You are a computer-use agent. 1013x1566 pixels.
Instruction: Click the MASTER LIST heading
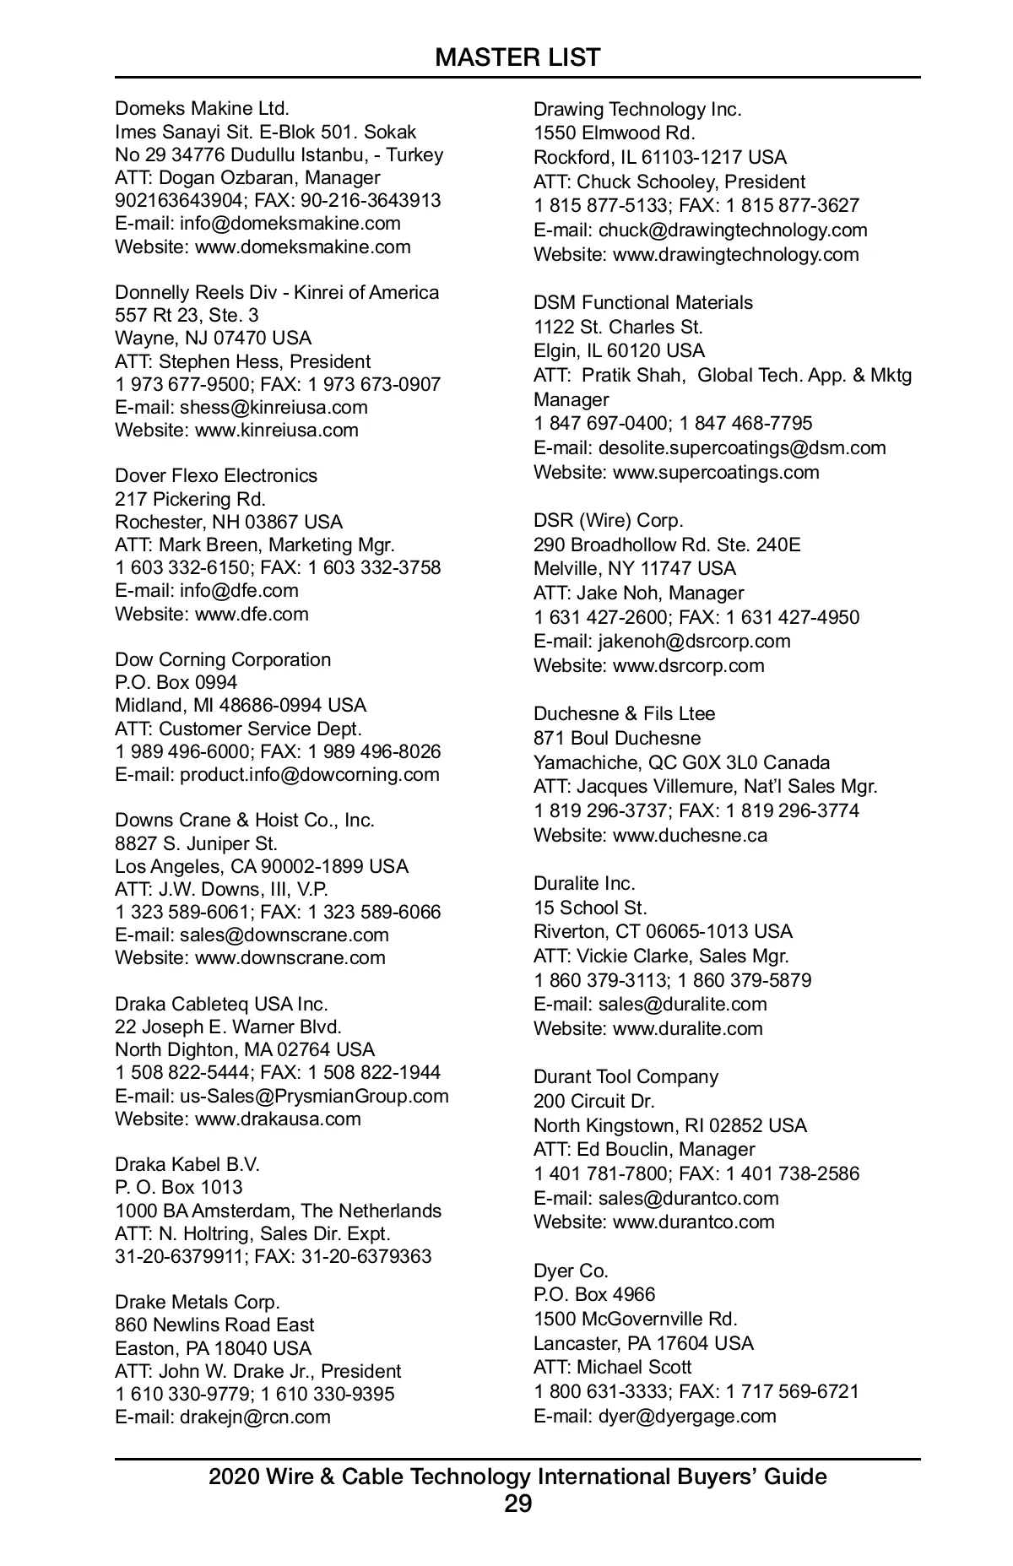click(x=517, y=57)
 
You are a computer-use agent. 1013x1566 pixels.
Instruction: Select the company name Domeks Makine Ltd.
click(x=202, y=109)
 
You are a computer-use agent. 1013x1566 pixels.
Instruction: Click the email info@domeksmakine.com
click(x=290, y=224)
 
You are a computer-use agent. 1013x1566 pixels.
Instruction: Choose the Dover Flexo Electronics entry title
click(x=216, y=476)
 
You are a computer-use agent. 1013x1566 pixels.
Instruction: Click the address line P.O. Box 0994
click(x=176, y=682)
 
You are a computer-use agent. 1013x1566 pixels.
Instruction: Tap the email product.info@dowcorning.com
click(x=309, y=775)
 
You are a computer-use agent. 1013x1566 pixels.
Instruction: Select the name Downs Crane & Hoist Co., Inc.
click(x=245, y=821)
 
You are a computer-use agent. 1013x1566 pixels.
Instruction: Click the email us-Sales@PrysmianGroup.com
click(x=314, y=1097)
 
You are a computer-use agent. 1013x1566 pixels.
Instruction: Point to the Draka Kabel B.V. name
click(x=187, y=1165)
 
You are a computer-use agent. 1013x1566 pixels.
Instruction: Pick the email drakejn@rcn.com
click(x=255, y=1417)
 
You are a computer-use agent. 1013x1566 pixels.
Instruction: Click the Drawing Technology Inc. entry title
click(x=637, y=110)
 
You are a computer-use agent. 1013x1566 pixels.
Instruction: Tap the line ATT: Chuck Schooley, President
click(x=669, y=182)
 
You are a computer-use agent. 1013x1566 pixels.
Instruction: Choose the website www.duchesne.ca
click(x=690, y=836)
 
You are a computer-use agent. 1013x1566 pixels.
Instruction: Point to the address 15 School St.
click(x=590, y=908)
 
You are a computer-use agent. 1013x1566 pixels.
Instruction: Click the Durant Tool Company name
click(x=626, y=1077)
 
